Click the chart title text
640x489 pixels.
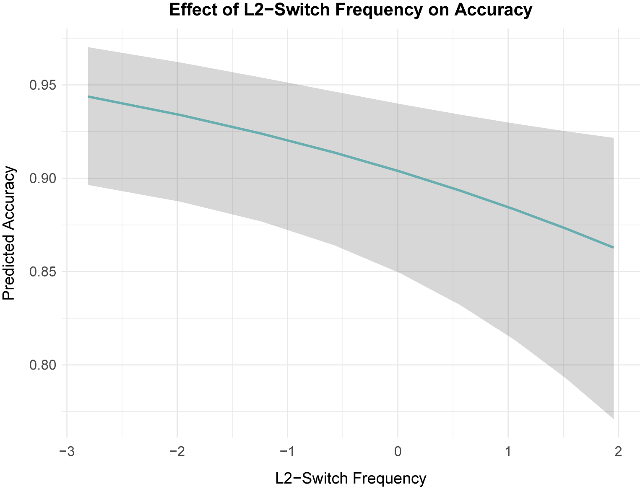click(351, 10)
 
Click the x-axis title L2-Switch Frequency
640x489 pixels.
click(351, 478)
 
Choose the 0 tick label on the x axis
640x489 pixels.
click(398, 452)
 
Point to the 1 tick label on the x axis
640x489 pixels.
click(508, 452)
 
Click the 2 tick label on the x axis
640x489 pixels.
click(618, 452)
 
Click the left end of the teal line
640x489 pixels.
click(88, 97)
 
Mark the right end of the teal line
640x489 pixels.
click(613, 248)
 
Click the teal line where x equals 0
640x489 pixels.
click(398, 171)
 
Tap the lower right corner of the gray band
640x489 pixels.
click(613, 418)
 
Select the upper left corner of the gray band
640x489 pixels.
click(88, 48)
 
